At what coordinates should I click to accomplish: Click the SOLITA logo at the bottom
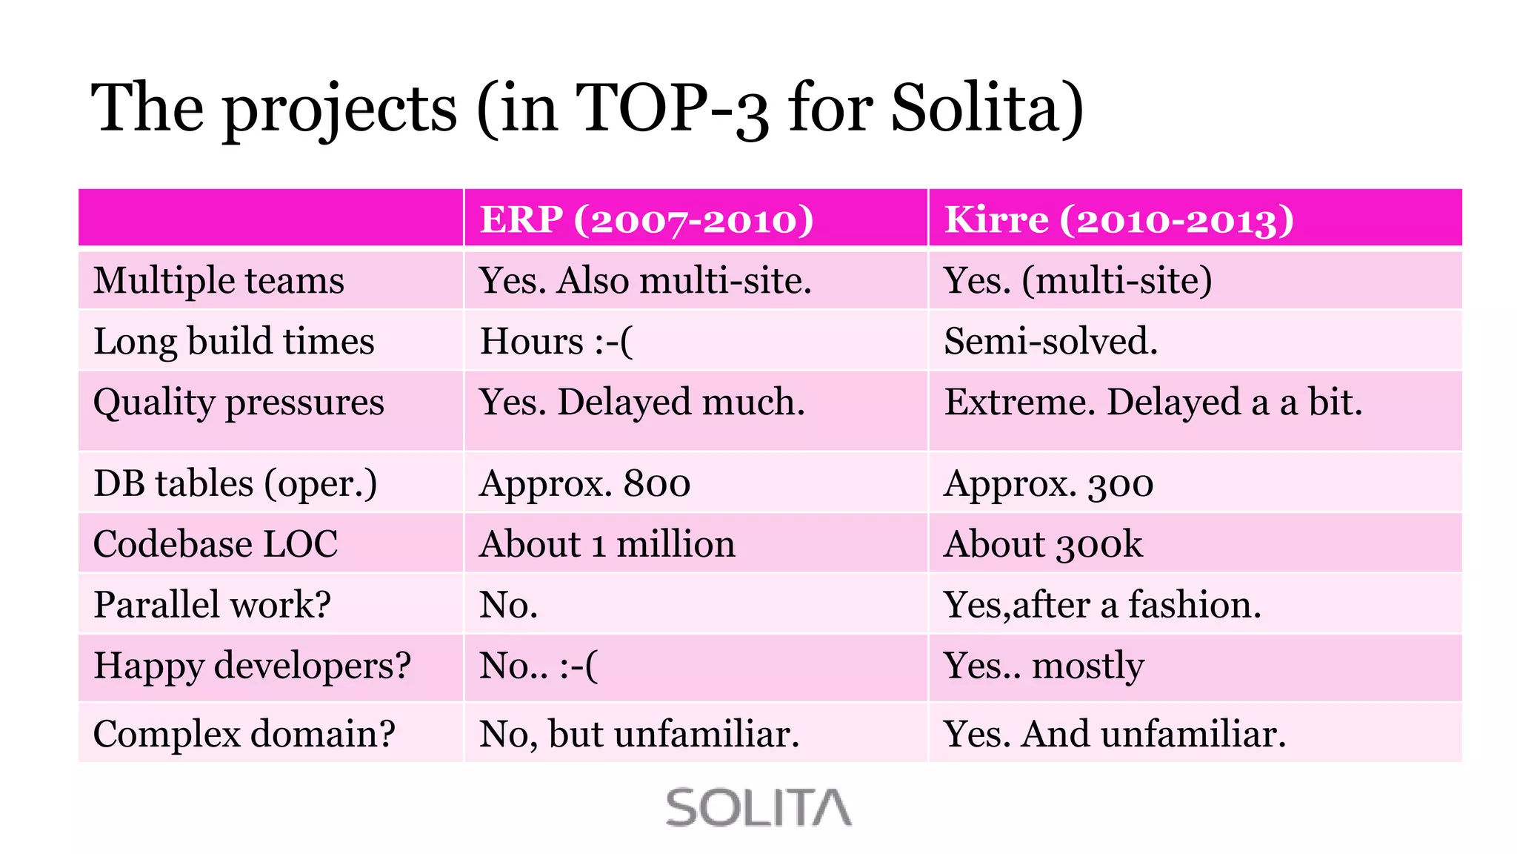(x=758, y=807)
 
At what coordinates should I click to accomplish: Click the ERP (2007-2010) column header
(x=647, y=219)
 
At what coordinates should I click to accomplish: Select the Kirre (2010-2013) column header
(x=1119, y=219)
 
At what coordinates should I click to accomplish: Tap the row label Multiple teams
(x=219, y=281)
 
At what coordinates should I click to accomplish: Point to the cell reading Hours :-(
(x=556, y=342)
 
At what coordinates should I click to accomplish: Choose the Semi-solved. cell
(x=1050, y=342)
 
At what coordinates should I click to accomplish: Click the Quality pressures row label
(x=239, y=403)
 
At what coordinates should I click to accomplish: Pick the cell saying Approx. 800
(x=585, y=483)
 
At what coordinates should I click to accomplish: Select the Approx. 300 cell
(x=1049, y=483)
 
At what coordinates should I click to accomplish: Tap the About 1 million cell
(x=607, y=544)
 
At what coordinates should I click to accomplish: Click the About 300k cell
(x=1044, y=544)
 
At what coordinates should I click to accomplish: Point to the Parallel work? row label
(x=213, y=605)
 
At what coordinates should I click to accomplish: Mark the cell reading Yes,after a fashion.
(x=1102, y=605)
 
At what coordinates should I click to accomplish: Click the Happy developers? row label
(x=252, y=666)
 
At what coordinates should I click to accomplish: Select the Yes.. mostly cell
(x=1044, y=666)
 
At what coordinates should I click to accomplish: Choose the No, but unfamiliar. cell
(x=640, y=734)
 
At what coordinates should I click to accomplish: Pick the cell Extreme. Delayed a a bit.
(x=1153, y=403)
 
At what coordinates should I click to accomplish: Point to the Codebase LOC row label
(x=216, y=544)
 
